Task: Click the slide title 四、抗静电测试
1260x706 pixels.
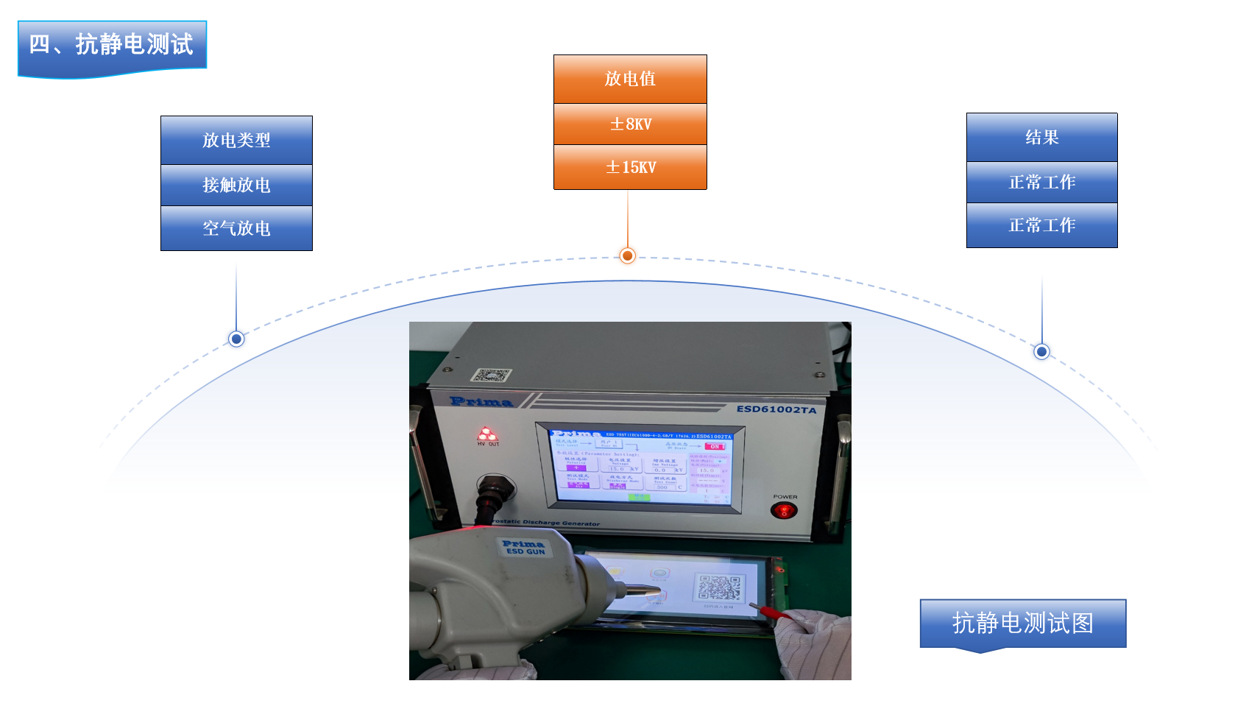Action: (x=112, y=45)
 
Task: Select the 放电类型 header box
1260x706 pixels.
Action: (x=236, y=140)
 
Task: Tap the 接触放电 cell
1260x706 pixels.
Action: (x=236, y=185)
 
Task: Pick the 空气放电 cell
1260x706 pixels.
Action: (x=236, y=228)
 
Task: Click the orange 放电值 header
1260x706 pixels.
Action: (x=630, y=79)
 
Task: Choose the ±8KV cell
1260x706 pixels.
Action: (x=630, y=124)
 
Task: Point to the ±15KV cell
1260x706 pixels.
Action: (x=630, y=167)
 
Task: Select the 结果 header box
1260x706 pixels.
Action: (x=1041, y=137)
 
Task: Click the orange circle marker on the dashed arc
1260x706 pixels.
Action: (x=627, y=255)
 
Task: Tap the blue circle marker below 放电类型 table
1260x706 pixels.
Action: (x=236, y=339)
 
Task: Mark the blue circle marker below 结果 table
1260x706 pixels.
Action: (x=1041, y=351)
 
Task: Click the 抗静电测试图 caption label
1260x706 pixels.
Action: (x=1022, y=623)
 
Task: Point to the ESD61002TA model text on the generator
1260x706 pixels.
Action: (x=776, y=409)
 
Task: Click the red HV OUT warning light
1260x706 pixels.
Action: (x=486, y=434)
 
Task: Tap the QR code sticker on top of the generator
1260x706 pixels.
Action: (x=491, y=375)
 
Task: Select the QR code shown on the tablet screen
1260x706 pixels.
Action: (x=718, y=587)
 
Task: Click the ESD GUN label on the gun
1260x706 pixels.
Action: (x=525, y=548)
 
